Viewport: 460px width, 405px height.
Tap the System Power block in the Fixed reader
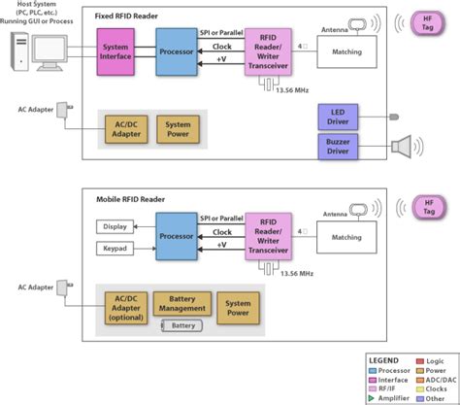[x=178, y=129]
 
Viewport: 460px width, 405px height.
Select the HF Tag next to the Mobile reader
[x=429, y=207]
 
